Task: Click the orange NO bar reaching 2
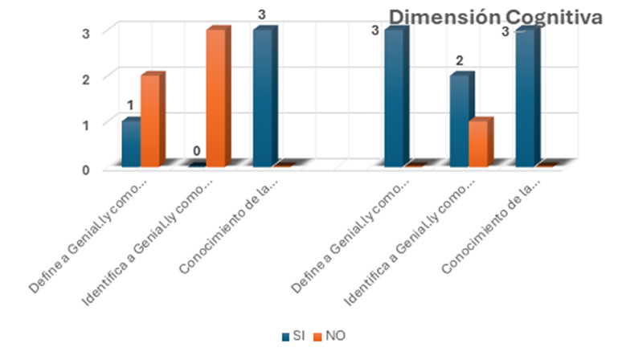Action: click(x=152, y=121)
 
